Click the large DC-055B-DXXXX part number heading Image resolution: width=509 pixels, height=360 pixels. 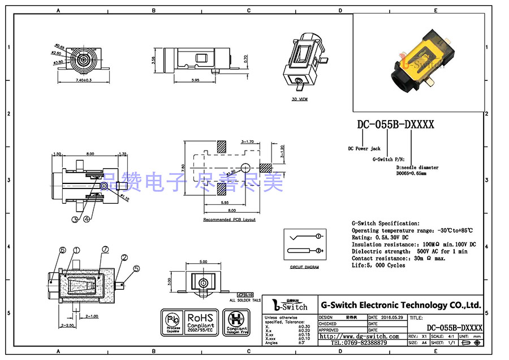(395, 125)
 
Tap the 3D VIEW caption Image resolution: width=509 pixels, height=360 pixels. (299, 99)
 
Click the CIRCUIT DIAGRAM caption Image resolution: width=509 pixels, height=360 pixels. (304, 267)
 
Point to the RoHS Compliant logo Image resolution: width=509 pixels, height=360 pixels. (200, 322)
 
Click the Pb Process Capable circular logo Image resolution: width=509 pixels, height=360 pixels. (172, 322)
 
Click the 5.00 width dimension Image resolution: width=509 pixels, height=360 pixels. (204, 262)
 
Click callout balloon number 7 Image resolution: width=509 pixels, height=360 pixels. (105, 250)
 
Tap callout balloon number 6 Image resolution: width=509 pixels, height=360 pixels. (62, 250)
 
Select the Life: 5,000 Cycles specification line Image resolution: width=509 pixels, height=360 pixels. (378, 265)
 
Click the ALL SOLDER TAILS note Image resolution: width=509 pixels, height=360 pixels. (245, 300)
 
